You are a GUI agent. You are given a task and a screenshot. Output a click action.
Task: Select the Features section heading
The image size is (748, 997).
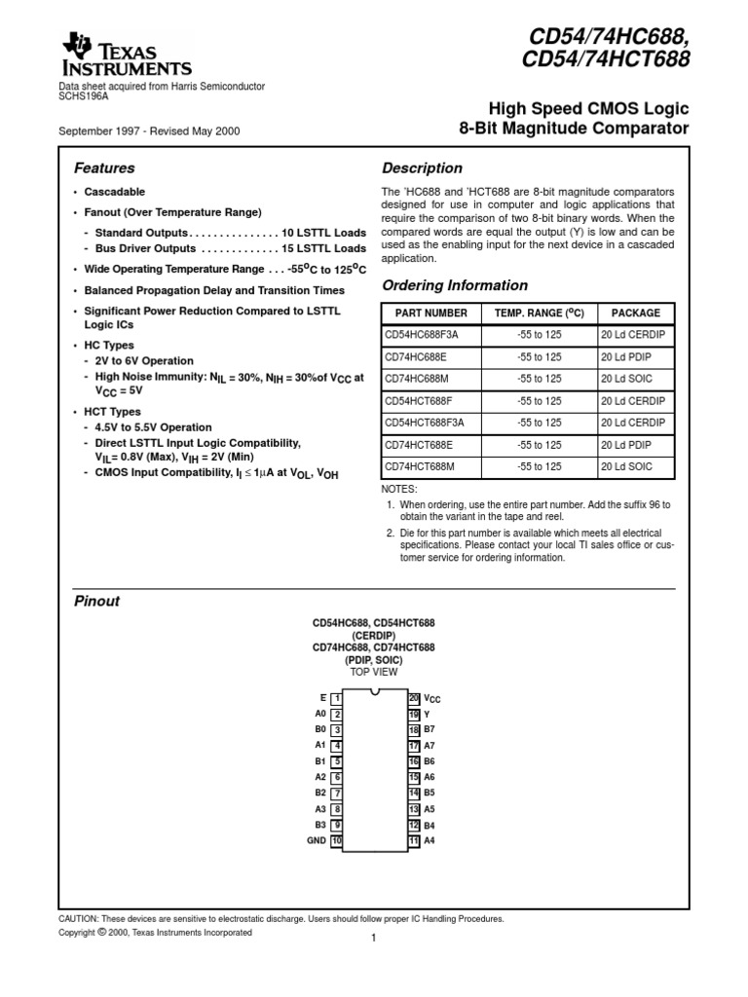coord(105,167)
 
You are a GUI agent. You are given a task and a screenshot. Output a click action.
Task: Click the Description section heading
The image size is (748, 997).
coord(422,167)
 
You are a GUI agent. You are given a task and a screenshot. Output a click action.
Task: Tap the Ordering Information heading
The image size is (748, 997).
coord(455,285)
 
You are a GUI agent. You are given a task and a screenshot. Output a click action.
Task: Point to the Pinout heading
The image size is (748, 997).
coord(97,601)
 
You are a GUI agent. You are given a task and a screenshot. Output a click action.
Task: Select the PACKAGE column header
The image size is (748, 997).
coord(635,314)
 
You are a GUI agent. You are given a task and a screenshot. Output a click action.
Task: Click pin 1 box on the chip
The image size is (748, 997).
coord(336,698)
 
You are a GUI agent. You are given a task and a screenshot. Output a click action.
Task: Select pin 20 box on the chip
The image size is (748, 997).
coord(413,698)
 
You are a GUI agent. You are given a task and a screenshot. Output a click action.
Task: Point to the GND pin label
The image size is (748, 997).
coord(317,840)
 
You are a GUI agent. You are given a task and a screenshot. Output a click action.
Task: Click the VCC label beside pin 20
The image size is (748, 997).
coord(432,699)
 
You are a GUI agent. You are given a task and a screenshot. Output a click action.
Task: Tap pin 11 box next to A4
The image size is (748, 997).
coord(413,840)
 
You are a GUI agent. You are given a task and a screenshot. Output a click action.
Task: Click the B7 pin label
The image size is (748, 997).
coord(430,729)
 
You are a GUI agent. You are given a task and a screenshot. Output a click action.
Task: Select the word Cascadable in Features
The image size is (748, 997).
coord(115,192)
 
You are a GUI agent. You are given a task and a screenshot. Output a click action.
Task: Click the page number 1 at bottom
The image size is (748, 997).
coord(373,939)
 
